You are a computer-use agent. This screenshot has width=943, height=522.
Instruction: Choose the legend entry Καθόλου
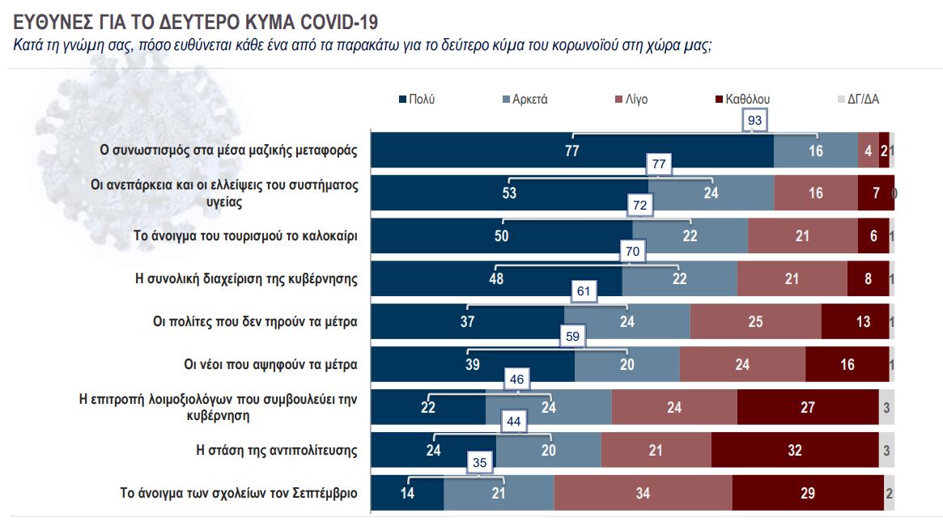coord(742,100)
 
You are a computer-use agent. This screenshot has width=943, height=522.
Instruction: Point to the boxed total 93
coord(754,120)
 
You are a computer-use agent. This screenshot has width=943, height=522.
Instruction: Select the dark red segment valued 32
coord(795,450)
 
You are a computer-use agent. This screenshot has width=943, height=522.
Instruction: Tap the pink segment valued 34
coord(643,493)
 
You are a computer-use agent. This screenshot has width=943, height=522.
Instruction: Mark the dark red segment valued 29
coord(807,493)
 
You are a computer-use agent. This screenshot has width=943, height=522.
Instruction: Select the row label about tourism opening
coord(246,236)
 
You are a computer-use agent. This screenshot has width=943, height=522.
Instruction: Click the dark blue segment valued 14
coord(407,493)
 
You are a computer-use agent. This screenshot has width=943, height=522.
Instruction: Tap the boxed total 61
coord(584,291)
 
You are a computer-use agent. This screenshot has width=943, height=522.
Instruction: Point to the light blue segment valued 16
coord(815,150)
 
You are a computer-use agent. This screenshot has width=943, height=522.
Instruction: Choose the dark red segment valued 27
coord(807,407)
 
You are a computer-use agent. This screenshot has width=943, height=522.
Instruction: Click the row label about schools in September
coord(239,493)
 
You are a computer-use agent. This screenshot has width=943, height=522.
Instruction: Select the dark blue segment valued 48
coord(496,278)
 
